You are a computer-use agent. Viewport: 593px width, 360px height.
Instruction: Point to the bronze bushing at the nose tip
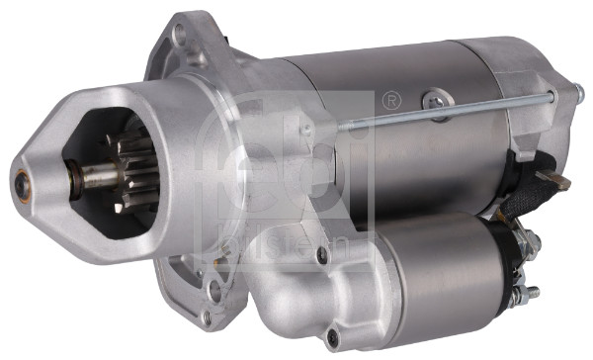click(x=22, y=182)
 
